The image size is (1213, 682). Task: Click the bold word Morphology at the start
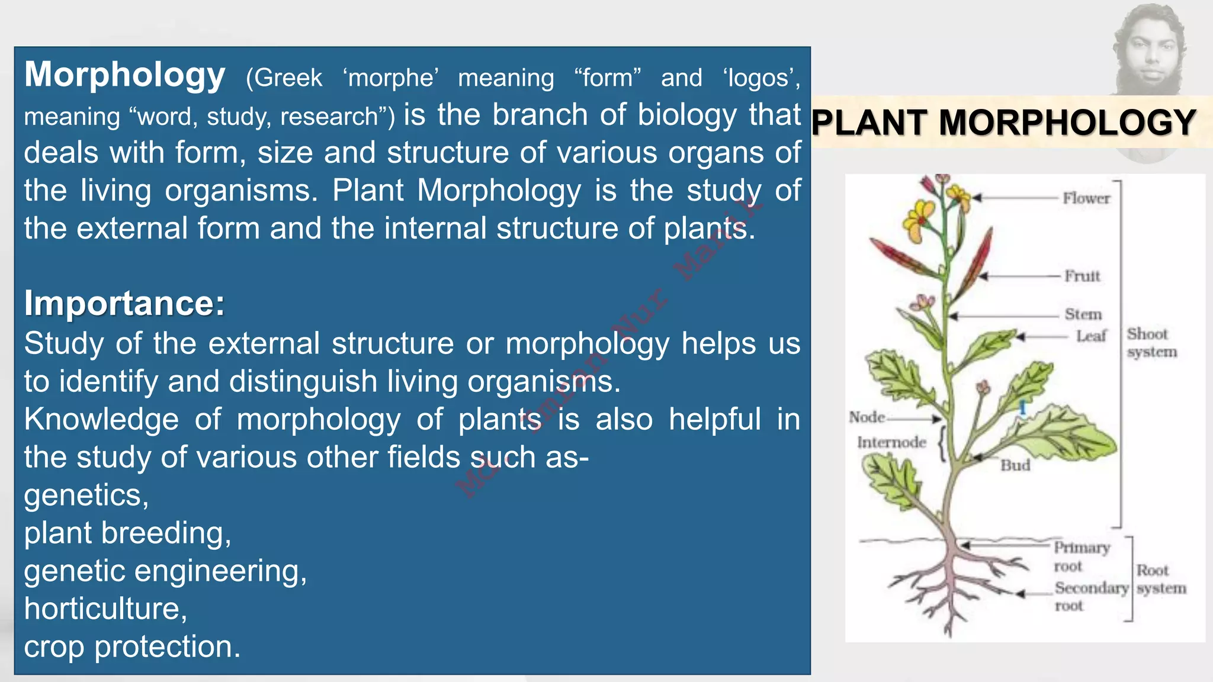click(x=124, y=75)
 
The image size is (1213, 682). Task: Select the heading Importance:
click(x=124, y=303)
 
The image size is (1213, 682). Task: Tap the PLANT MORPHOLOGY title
click(x=1003, y=123)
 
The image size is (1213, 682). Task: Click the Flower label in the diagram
click(x=1086, y=198)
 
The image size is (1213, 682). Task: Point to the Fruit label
click(x=1082, y=276)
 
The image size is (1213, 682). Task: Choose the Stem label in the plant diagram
click(x=1083, y=314)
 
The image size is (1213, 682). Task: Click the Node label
click(x=867, y=417)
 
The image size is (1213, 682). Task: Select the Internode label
click(x=891, y=442)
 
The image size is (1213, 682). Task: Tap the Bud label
click(x=1015, y=465)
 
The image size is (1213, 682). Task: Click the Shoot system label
click(x=1151, y=343)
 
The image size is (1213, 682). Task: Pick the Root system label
click(x=1160, y=579)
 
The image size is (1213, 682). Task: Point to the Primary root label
click(x=1081, y=556)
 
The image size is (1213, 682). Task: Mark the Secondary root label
click(x=1090, y=596)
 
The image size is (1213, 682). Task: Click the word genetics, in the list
click(x=86, y=495)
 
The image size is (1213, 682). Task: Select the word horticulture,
click(x=105, y=609)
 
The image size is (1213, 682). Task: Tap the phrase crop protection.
click(x=132, y=646)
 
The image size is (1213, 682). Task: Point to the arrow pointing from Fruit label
click(x=1019, y=276)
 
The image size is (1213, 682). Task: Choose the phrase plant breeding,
click(x=127, y=533)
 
